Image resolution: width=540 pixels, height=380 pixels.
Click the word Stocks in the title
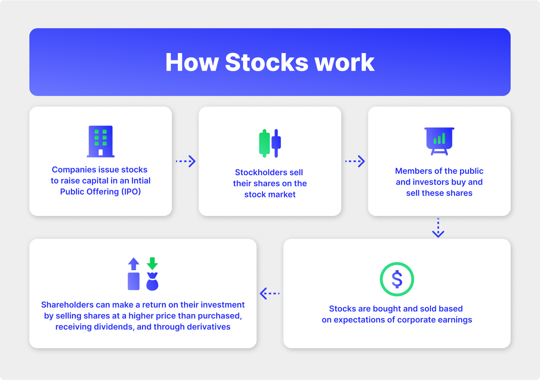pos(266,62)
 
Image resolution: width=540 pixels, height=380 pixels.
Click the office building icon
pos(100,141)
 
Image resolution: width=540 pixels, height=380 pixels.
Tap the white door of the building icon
pos(100,152)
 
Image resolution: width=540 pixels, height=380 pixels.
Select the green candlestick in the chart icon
pos(264,143)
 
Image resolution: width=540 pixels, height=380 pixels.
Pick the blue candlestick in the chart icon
pos(277,143)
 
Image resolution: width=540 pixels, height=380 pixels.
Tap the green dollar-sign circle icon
pos(397,279)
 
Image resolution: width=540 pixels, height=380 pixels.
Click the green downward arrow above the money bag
pos(152,263)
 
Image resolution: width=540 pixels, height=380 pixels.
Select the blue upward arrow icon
pos(134,264)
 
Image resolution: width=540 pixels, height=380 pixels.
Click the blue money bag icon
pos(152,282)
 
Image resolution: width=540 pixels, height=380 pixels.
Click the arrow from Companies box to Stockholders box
pos(186,161)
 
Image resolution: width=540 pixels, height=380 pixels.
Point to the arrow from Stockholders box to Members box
pos(355,161)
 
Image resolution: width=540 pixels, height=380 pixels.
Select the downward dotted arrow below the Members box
pos(438,228)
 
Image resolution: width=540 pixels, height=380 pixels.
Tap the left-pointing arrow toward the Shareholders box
pos(270,293)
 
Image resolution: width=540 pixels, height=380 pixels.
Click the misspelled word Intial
pos(141,180)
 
